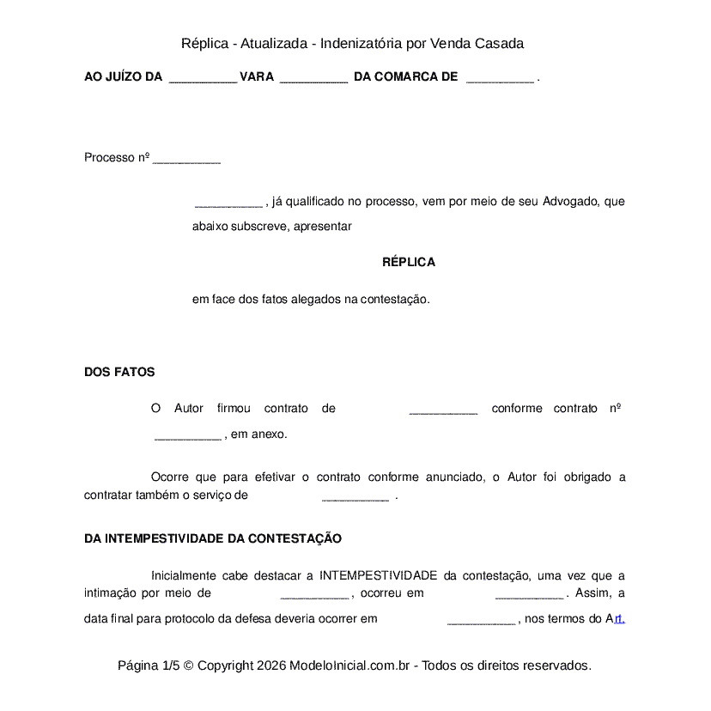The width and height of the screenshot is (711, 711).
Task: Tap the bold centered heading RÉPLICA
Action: coord(409,262)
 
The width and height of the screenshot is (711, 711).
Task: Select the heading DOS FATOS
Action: coord(119,372)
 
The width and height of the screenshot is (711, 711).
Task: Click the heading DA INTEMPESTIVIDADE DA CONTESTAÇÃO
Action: coord(213,538)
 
